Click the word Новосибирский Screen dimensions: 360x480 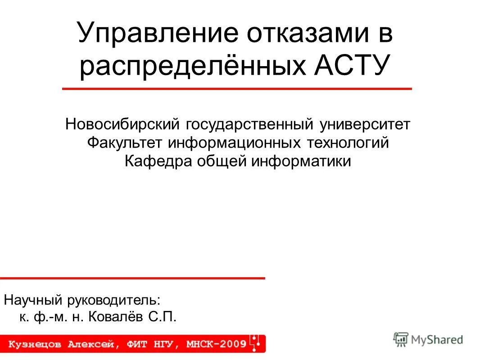123,124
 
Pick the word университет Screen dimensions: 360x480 365,124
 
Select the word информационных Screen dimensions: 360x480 235,143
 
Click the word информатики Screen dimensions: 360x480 301,161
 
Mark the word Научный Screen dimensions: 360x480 34,299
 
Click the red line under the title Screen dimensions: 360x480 237,89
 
